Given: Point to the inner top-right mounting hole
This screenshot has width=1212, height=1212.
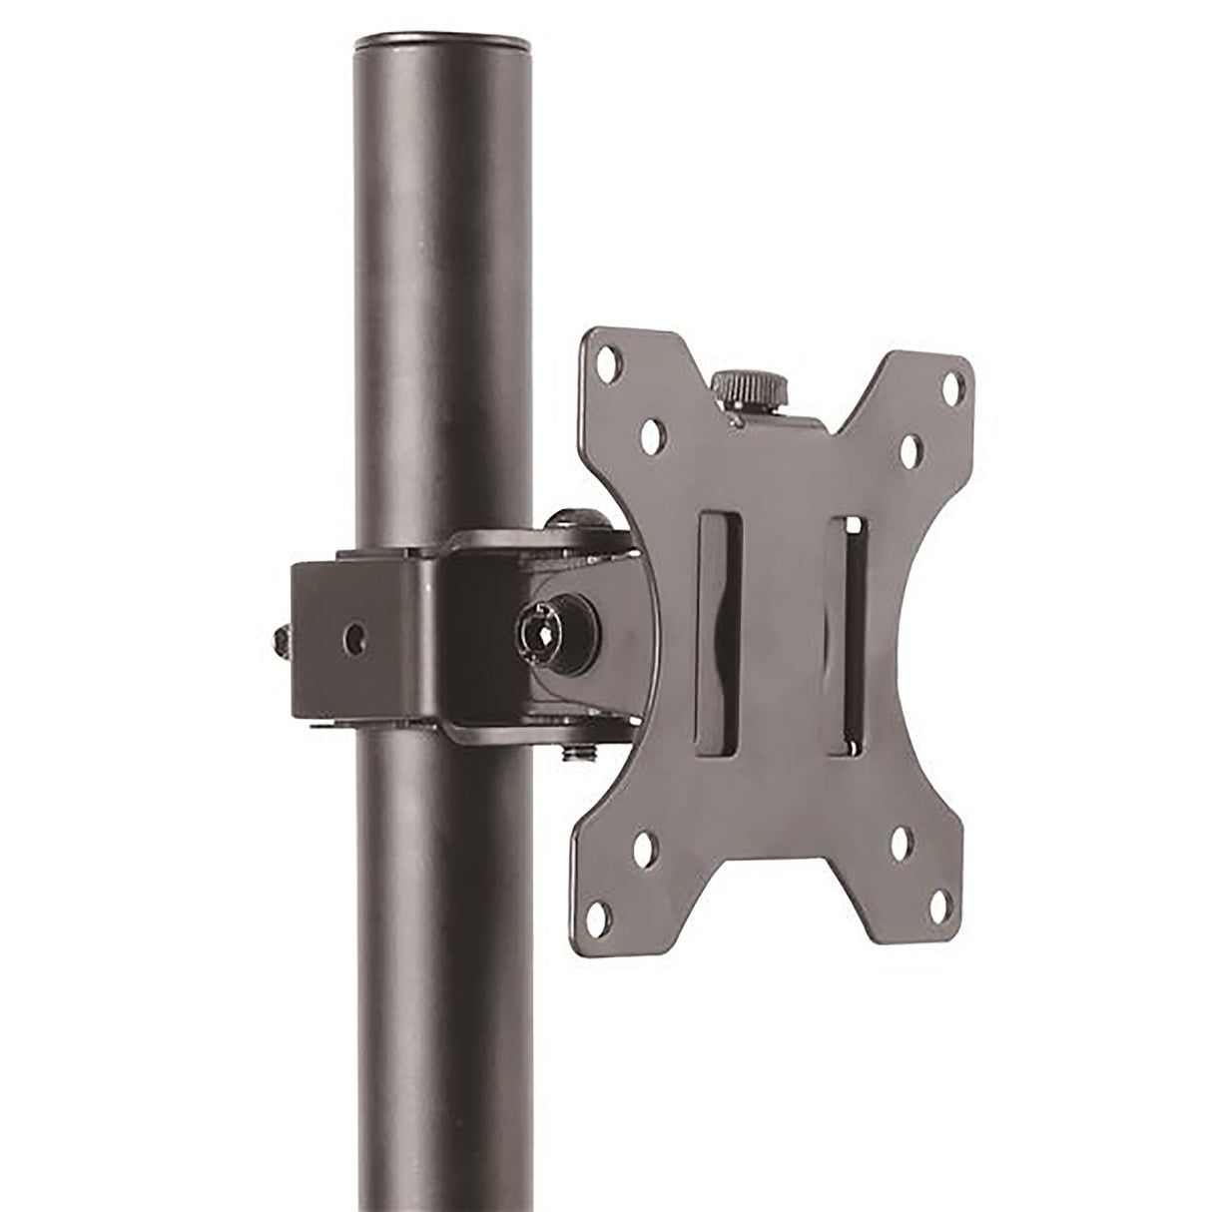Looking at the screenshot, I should pyautogui.click(x=911, y=446).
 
